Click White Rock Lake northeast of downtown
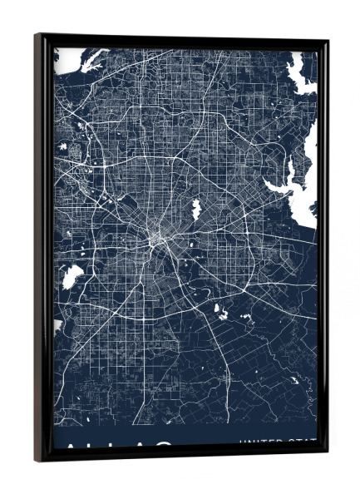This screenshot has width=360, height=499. pyautogui.click(x=196, y=209)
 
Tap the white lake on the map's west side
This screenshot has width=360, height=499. pyautogui.click(x=72, y=275)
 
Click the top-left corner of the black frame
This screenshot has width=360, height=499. pyautogui.click(x=37, y=36)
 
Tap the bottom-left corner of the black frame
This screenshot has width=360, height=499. pyautogui.click(x=37, y=460)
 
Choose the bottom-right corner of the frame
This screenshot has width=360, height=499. pyautogui.click(x=327, y=455)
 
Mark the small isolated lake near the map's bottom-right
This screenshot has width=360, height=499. pyautogui.click(x=293, y=380)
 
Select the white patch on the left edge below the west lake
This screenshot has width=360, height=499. pyautogui.click(x=57, y=324)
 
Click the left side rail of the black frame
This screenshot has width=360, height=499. pyautogui.click(x=43, y=249)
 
